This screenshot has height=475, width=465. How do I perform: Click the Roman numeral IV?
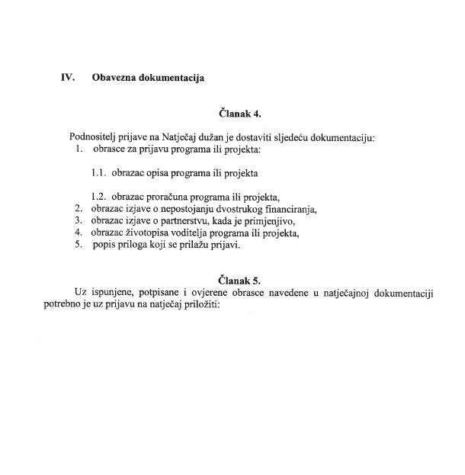click(x=67, y=77)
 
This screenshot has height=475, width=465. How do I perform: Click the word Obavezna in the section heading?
click(x=115, y=77)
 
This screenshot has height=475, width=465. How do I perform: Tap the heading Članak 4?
click(x=234, y=114)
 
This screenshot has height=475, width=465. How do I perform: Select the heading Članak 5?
click(x=234, y=280)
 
